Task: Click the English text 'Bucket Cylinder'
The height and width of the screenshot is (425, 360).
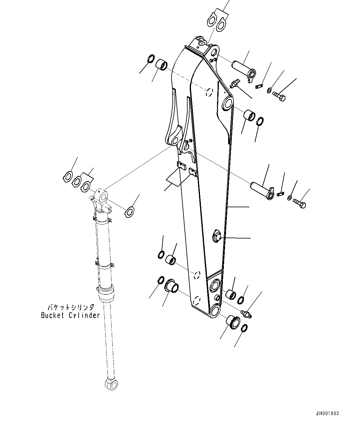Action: click(x=71, y=315)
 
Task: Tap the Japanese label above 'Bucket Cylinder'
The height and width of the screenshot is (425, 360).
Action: click(x=71, y=307)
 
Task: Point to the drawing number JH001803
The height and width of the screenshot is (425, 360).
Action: click(x=328, y=413)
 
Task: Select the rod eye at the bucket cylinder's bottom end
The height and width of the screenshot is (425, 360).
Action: click(x=111, y=384)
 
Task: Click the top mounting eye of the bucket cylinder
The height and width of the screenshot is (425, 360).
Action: click(x=102, y=197)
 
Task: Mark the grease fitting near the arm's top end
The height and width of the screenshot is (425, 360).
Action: click(x=235, y=84)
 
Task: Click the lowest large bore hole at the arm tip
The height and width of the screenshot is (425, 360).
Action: click(x=214, y=311)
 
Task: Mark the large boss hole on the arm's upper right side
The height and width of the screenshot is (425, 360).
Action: click(x=228, y=103)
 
